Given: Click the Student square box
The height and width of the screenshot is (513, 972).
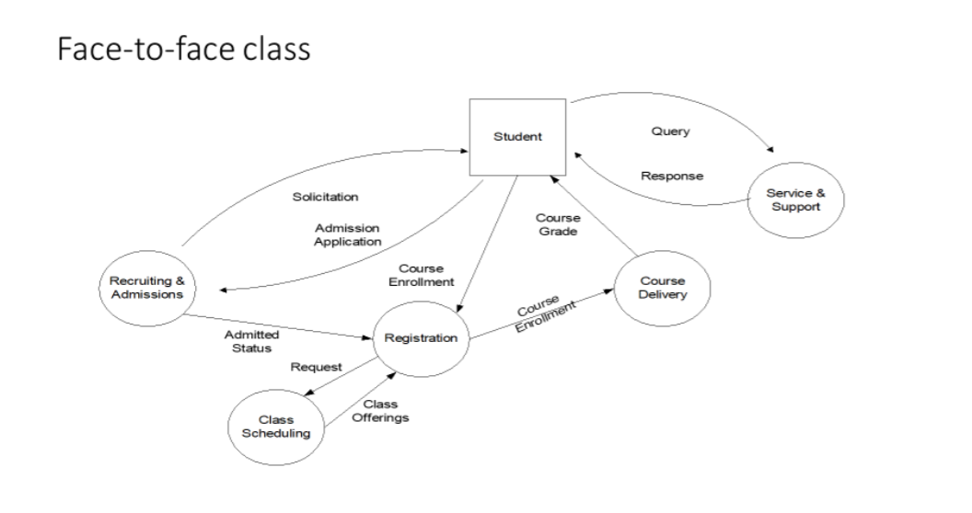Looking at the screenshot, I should coord(517,137).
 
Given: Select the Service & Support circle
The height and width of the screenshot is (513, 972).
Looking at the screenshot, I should coord(794,199).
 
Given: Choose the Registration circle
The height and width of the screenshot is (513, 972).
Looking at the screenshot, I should coord(420,337).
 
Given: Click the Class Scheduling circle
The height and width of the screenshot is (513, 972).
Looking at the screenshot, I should coord(276,427).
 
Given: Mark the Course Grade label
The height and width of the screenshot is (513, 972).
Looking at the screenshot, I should coord(558,226).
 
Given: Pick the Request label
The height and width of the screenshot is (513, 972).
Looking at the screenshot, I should coord(316,367).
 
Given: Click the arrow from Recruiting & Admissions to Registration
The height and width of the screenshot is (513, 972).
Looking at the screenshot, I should coord(276,327).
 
